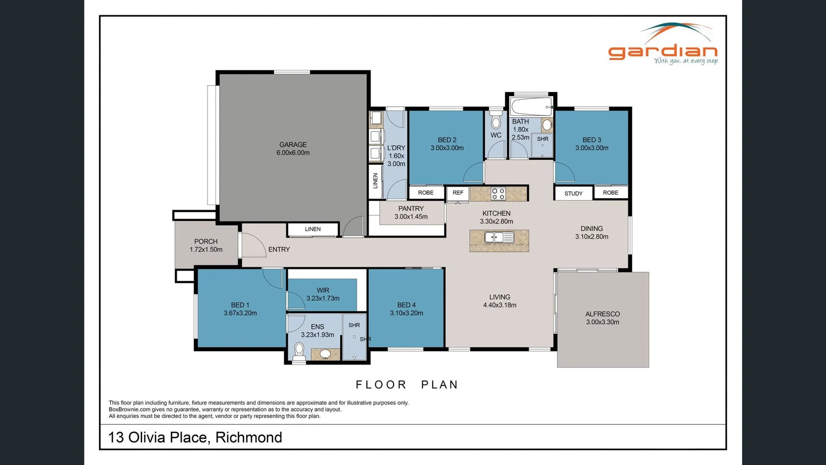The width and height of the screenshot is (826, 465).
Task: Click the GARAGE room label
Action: click(293, 145)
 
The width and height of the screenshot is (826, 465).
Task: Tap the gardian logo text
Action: click(662, 52)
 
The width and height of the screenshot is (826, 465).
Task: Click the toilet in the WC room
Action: click(496, 121)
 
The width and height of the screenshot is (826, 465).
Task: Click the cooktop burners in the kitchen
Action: click(498, 194)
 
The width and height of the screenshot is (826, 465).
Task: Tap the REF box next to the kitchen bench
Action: click(458, 193)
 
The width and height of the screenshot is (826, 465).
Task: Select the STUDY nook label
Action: click(573, 194)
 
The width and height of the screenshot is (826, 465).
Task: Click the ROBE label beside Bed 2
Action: click(425, 193)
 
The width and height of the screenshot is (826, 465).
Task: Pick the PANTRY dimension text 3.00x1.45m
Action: click(411, 217)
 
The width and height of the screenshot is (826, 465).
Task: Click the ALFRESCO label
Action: click(602, 314)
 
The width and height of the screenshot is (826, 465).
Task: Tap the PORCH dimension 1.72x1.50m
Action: click(206, 250)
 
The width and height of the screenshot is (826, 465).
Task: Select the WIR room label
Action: click(323, 290)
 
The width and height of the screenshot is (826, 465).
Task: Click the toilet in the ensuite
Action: click(299, 351)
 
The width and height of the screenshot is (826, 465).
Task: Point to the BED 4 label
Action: click(406, 305)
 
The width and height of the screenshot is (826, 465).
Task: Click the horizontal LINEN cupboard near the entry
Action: click(313, 229)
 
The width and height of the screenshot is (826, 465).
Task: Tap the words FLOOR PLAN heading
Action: click(407, 384)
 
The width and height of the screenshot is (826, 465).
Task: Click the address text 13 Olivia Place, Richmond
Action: click(195, 437)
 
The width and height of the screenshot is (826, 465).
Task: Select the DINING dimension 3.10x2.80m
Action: click(591, 237)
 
